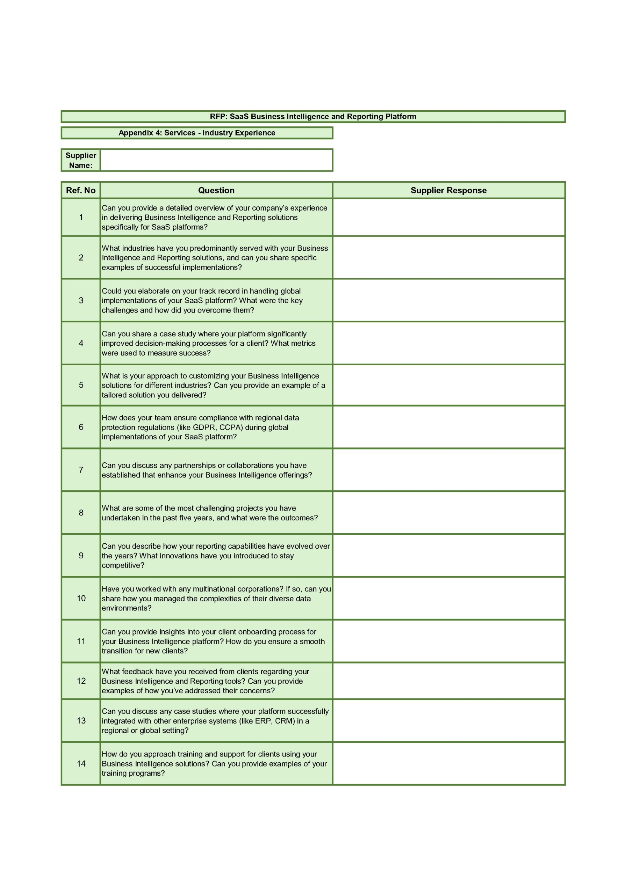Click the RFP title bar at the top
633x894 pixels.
click(x=313, y=116)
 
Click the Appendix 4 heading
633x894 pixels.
click(x=197, y=133)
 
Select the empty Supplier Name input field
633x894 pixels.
click(x=216, y=160)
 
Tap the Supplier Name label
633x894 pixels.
click(x=81, y=160)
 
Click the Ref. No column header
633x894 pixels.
click(x=81, y=190)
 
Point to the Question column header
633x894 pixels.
click(x=216, y=190)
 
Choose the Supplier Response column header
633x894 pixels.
click(x=449, y=190)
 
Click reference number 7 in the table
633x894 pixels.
click(x=81, y=470)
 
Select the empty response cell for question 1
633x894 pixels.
click(x=449, y=217)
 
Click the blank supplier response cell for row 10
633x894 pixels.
click(x=449, y=599)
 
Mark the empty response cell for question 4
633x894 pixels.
click(x=449, y=343)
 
